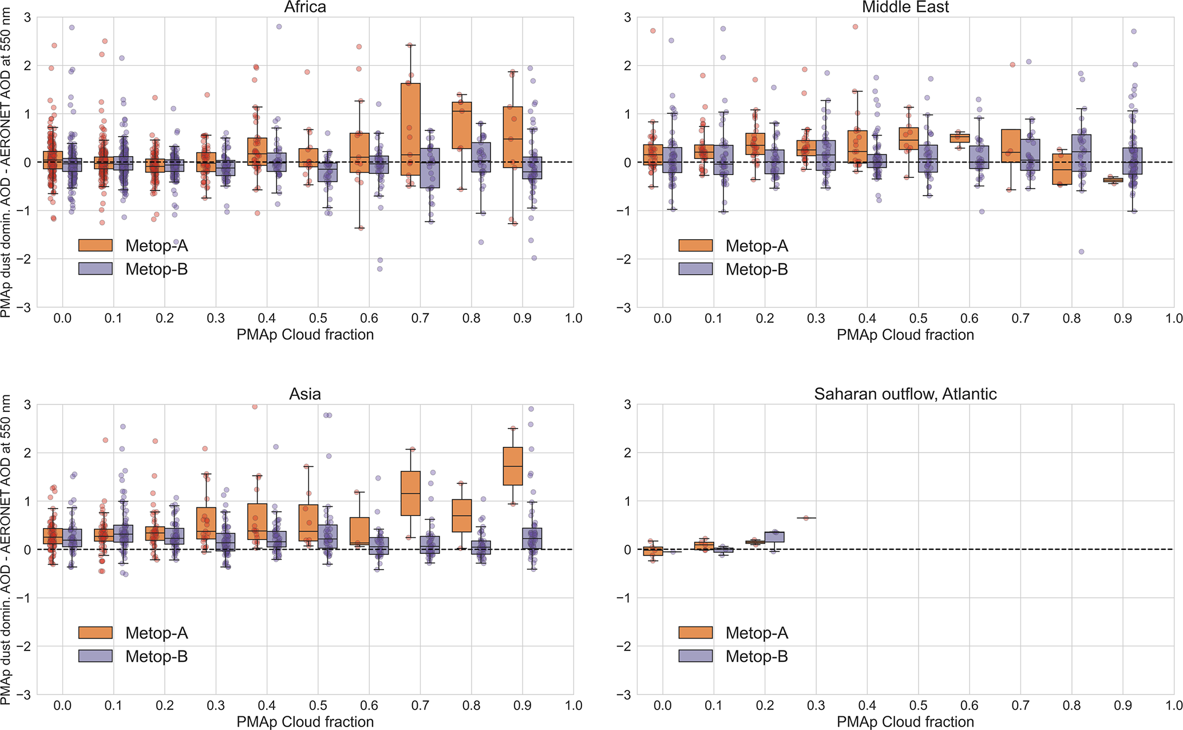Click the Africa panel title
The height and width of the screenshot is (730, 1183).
tap(305, 7)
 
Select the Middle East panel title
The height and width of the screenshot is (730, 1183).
tap(905, 7)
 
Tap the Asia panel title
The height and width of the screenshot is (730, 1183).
tap(305, 394)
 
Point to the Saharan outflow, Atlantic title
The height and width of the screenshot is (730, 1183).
tap(905, 394)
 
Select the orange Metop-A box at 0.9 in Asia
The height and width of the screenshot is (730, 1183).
tap(512, 466)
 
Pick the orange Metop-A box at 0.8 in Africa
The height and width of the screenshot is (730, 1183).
tap(461, 125)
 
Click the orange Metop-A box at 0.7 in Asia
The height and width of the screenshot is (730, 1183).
tap(410, 493)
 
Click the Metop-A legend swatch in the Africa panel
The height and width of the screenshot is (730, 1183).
tap(96, 245)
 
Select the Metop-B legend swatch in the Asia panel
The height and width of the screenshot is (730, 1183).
tap(96, 656)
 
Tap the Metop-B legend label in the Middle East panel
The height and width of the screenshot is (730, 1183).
tap(757, 269)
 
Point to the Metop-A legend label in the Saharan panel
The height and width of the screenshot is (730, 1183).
tap(757, 633)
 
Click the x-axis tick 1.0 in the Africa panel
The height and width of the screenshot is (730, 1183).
tap(573, 319)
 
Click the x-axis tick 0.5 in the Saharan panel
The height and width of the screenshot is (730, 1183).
tap(918, 706)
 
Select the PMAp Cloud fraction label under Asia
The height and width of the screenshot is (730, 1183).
tap(305, 722)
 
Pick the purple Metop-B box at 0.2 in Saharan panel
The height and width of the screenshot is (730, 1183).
tap(774, 537)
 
